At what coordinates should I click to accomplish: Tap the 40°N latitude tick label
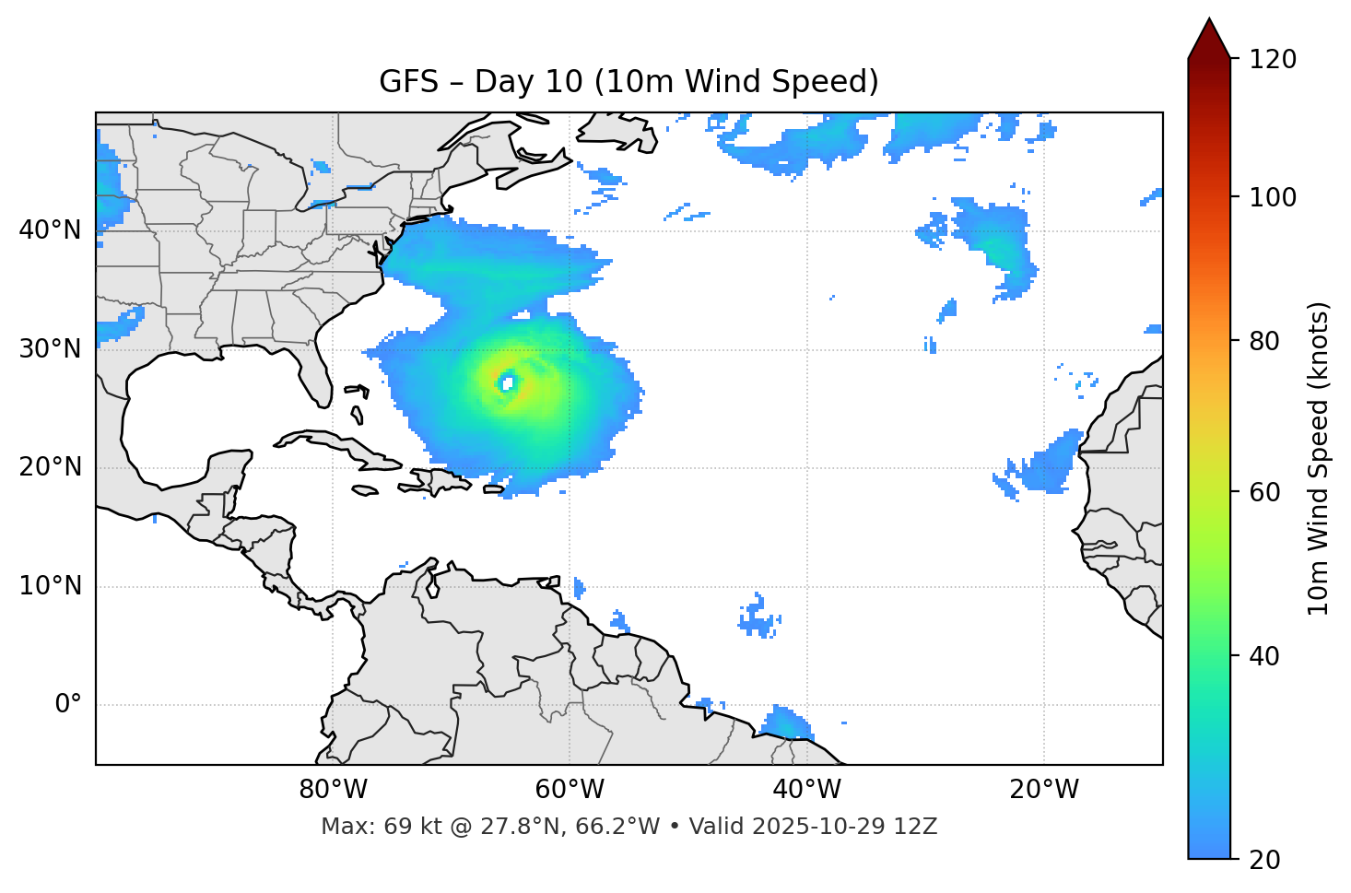click(50, 229)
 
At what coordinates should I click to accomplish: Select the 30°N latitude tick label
click(50, 349)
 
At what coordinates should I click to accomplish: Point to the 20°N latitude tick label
click(50, 467)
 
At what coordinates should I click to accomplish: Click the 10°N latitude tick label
click(50, 586)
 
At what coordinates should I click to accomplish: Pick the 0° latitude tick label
click(67, 705)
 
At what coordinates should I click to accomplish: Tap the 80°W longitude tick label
click(333, 790)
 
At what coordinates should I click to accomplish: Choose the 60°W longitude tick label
click(570, 790)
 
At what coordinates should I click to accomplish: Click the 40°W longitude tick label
click(806, 790)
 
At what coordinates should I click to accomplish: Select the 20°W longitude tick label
click(1043, 790)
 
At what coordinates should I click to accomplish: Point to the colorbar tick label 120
click(1273, 60)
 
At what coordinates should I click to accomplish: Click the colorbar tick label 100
click(1273, 197)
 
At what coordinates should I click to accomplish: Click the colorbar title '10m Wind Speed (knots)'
click(1319, 458)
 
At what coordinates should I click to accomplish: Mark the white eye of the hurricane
click(507, 382)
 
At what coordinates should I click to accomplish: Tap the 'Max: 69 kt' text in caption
click(363, 827)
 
